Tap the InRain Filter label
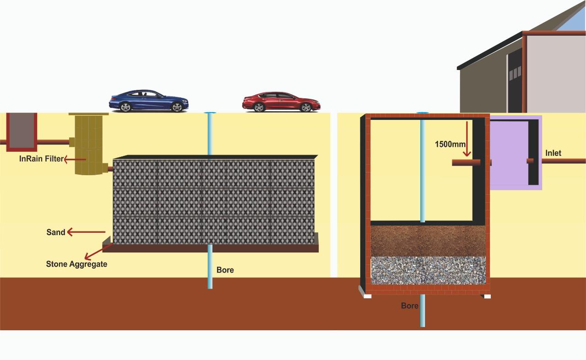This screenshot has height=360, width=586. [41, 159]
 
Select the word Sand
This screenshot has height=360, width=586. [56, 232]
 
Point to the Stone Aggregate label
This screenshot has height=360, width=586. [76, 264]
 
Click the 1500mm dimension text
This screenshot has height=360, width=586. [450, 144]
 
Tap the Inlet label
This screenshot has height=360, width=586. [553, 153]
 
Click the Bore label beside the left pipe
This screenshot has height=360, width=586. [225, 270]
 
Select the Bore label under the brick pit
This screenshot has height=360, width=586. [409, 306]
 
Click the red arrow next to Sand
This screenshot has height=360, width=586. [86, 232]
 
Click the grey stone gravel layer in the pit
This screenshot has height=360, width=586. [428, 270]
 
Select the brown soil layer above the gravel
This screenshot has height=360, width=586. [428, 240]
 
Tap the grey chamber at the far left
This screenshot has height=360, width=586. [22, 130]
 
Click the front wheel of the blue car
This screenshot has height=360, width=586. [177, 107]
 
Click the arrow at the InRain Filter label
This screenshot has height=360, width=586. [75, 159]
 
